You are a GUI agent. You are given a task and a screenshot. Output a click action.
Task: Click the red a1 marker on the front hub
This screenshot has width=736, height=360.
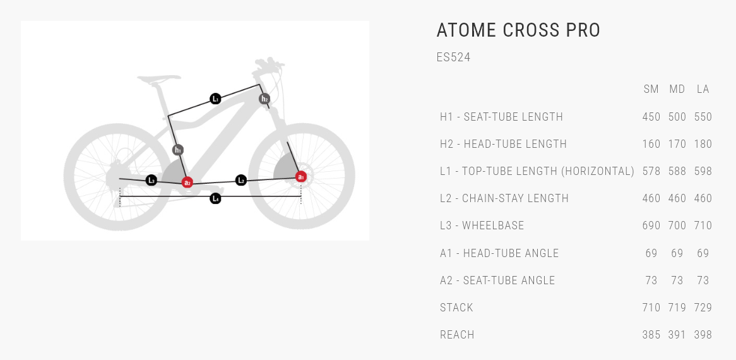[x=301, y=177]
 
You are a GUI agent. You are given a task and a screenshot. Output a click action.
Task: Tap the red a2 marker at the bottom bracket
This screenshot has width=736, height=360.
[x=187, y=182]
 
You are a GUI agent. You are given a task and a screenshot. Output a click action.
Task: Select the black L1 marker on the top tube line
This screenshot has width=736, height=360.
[x=215, y=99]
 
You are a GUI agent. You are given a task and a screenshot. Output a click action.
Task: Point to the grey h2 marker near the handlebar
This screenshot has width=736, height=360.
[x=264, y=99]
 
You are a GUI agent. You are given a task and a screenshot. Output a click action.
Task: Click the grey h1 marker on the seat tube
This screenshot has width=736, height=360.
[x=177, y=150]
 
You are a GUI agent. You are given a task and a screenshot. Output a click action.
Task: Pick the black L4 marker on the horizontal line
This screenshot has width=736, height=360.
[x=215, y=198]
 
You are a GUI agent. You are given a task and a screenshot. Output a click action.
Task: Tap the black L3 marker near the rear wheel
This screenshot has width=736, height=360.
[x=151, y=180]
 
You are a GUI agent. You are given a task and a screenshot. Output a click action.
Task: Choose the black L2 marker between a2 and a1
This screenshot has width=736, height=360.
[x=240, y=180]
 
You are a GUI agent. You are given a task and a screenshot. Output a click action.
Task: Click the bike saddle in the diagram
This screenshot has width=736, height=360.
[x=158, y=79]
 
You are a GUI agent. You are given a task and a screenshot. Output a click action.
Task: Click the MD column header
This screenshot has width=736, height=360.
[x=677, y=89]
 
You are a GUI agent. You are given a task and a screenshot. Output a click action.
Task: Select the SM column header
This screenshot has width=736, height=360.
[x=651, y=89]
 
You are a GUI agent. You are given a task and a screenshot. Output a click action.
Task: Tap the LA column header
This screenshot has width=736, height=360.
[x=703, y=89]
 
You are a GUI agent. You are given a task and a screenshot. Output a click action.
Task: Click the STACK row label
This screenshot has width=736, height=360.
[x=457, y=308]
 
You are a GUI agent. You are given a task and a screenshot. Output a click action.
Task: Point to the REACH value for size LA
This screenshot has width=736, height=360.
[x=703, y=335]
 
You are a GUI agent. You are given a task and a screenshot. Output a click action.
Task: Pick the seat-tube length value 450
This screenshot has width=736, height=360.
[x=651, y=117]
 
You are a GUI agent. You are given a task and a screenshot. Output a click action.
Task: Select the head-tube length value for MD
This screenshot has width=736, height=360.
[x=677, y=144]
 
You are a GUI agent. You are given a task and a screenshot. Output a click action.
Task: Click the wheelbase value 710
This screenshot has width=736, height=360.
[x=703, y=225]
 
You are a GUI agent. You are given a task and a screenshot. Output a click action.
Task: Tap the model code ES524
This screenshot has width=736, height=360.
[x=453, y=57]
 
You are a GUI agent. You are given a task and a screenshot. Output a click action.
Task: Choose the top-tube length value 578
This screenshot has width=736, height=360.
[x=651, y=171]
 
